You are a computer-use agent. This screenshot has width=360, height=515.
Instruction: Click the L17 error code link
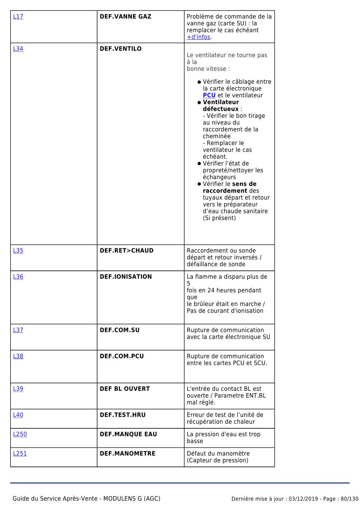tap(18, 17)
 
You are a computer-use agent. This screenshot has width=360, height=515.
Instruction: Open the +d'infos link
tap(198, 37)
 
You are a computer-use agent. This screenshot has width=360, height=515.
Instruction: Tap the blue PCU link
tap(209, 95)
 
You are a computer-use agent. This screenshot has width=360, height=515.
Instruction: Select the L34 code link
tap(18, 49)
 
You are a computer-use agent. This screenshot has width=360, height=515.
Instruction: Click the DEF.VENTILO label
tap(121, 49)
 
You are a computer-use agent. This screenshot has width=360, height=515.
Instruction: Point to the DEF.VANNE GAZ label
tap(125, 17)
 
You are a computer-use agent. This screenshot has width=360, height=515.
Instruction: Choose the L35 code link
tap(18, 251)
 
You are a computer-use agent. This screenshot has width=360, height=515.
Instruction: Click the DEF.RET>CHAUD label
tap(127, 251)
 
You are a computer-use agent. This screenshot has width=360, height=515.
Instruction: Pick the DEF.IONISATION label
tap(126, 277)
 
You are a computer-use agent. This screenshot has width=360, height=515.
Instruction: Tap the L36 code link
tap(18, 277)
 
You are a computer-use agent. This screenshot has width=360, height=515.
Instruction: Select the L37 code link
tap(18, 330)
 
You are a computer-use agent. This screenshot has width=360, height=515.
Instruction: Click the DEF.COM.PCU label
tap(122, 356)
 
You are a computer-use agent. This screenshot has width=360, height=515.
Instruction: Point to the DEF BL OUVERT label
tap(125, 389)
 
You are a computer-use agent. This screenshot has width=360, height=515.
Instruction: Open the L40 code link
tap(18, 415)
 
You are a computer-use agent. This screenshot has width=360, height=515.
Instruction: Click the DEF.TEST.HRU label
tap(122, 415)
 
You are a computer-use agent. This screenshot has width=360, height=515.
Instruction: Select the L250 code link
tap(20, 434)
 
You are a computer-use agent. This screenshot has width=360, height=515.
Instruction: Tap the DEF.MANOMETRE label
tap(127, 454)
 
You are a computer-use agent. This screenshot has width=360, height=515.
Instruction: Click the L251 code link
tap(20, 454)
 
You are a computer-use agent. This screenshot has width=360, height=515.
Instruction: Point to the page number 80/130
tap(349, 499)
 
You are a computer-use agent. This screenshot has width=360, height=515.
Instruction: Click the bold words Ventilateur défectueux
tap(221, 106)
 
